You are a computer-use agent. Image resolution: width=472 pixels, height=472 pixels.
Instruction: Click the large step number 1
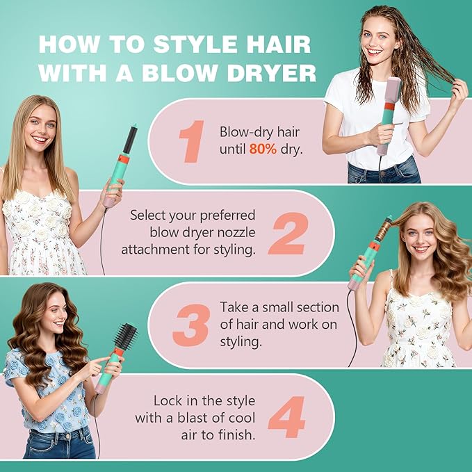pyautogui.click(x=192, y=141)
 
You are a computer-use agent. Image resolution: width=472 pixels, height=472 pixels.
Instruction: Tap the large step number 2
pyautogui.click(x=286, y=233)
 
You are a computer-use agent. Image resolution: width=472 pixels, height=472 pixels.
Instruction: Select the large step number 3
pyautogui.click(x=190, y=325)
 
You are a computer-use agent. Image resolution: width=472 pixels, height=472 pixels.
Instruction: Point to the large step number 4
pyautogui.click(x=286, y=417)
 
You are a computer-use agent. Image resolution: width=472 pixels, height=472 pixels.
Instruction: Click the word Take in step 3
pyautogui.click(x=234, y=307)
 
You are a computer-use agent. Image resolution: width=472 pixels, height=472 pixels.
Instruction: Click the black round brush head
pyautogui.click(x=125, y=339)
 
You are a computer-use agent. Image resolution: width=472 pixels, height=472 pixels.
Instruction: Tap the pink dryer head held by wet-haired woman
pyautogui.click(x=391, y=93)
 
